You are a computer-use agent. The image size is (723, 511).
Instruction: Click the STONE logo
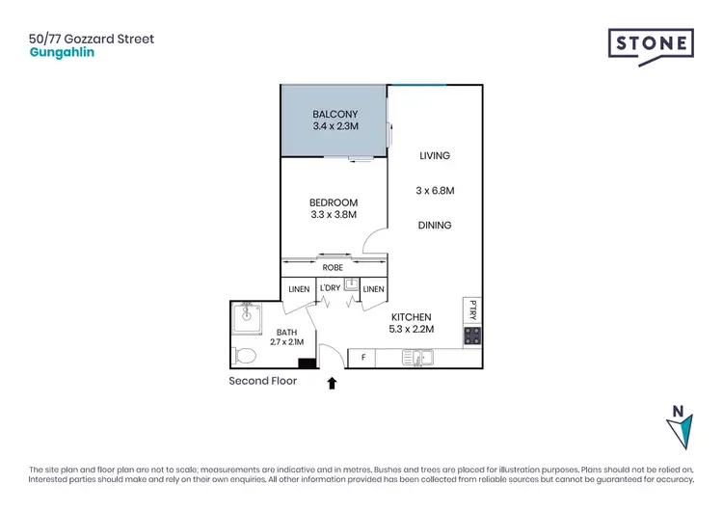click(651, 45)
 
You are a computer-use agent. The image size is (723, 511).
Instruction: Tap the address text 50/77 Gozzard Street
click(92, 40)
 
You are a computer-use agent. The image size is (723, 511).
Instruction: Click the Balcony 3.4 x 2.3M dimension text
click(335, 126)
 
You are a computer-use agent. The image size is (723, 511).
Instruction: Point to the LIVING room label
click(434, 155)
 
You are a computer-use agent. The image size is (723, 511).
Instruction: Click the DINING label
click(435, 226)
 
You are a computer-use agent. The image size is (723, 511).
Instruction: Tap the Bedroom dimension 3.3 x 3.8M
click(334, 215)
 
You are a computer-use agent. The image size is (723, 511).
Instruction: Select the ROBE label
click(334, 267)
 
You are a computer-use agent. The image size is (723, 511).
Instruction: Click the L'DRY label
click(330, 288)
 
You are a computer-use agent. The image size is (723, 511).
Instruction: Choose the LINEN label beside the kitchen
click(373, 289)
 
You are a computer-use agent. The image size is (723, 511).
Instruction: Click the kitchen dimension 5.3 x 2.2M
click(411, 330)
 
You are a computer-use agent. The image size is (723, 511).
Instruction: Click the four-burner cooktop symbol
click(472, 336)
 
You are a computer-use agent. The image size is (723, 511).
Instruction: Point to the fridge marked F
click(362, 359)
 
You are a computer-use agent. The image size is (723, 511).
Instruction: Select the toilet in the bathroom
click(245, 356)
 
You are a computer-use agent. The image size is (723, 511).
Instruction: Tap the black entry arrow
click(332, 383)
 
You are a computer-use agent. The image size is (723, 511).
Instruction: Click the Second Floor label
click(262, 381)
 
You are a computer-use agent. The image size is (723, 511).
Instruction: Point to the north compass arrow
click(679, 427)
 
